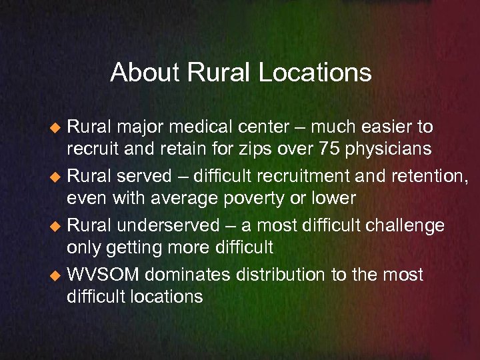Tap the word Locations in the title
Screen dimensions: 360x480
coord(315,72)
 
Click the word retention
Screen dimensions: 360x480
coord(429,177)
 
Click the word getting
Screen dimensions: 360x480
coord(134,247)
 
